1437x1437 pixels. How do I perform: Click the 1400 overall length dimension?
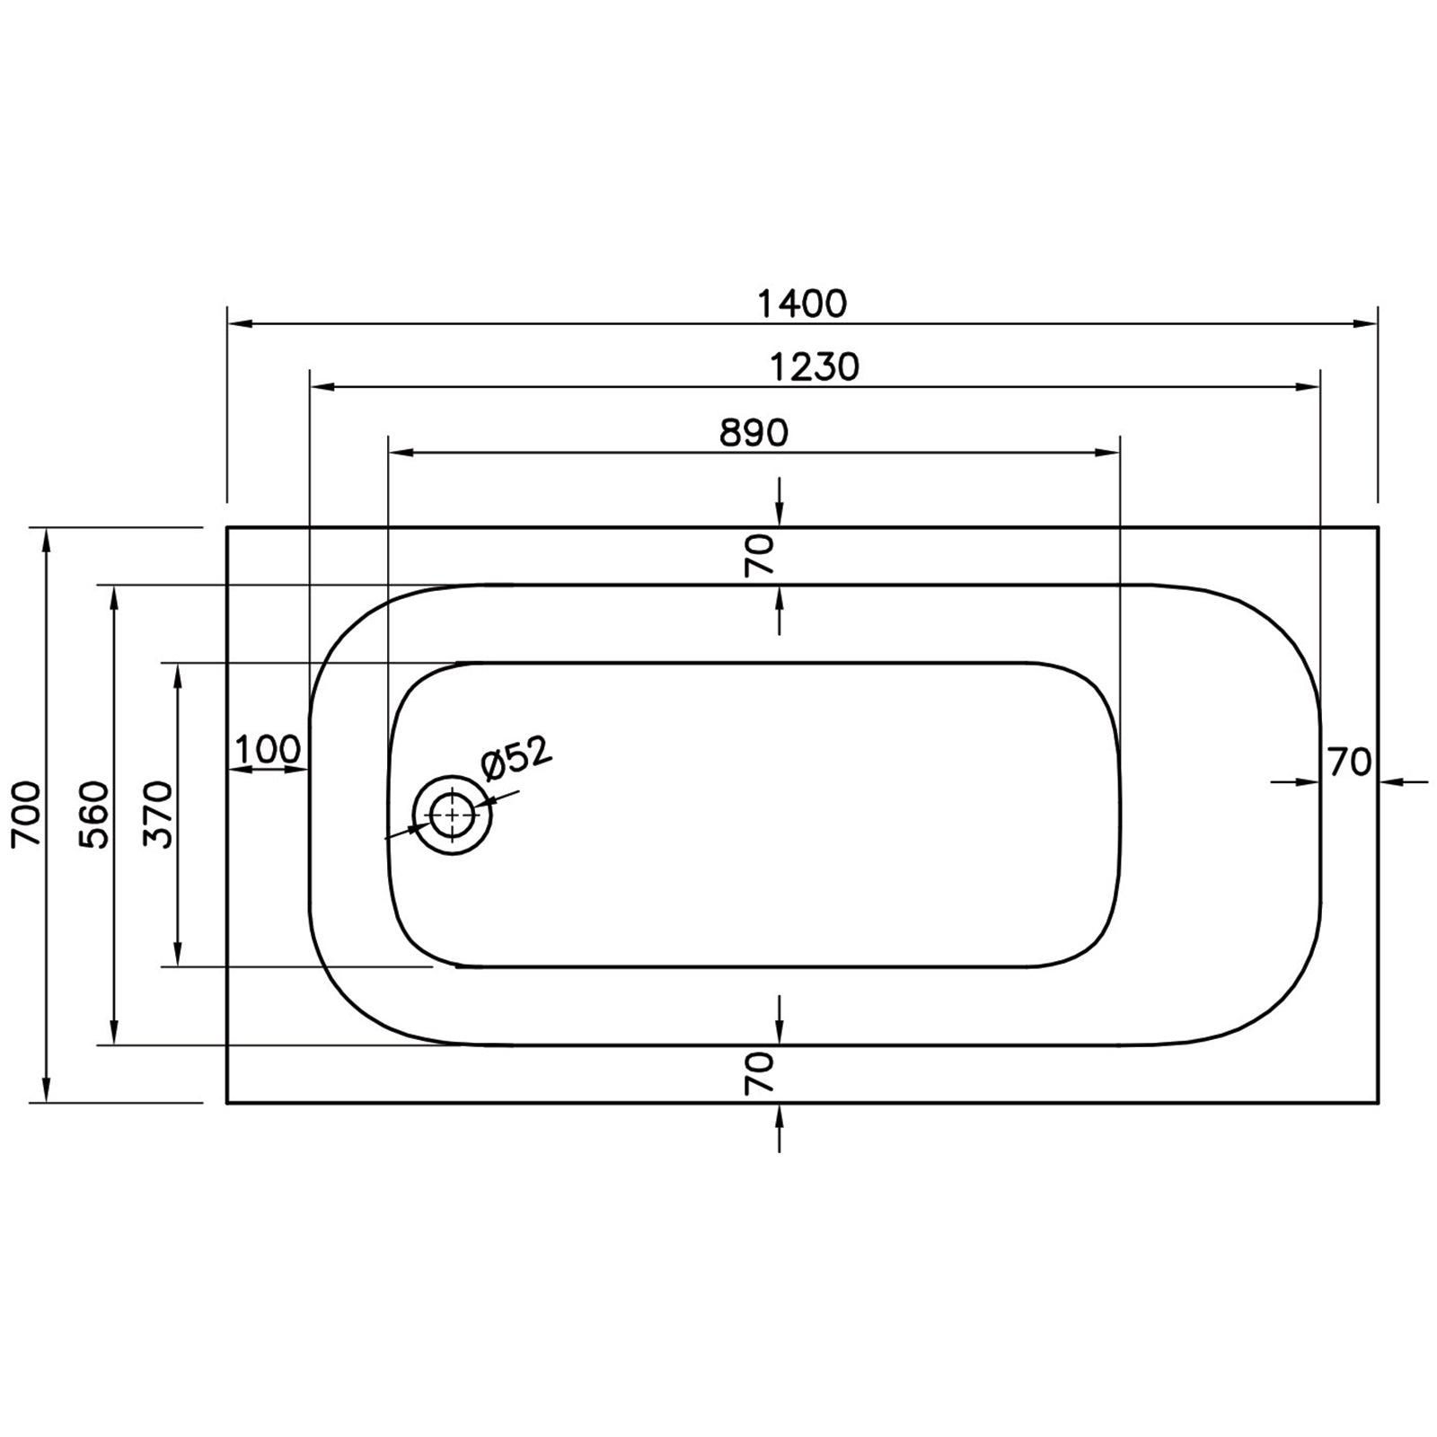click(802, 304)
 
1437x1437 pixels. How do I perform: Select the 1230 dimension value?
click(815, 366)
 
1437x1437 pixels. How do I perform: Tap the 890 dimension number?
click(754, 434)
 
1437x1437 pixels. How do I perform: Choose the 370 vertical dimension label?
click(159, 814)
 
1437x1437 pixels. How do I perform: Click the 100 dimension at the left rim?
click(268, 748)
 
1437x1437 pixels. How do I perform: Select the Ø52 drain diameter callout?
click(516, 760)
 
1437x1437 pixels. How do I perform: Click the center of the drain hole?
click(452, 815)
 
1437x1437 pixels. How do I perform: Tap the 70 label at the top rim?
click(759, 555)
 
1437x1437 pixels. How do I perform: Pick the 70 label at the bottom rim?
click(759, 1074)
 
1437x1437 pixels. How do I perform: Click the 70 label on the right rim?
click(1350, 763)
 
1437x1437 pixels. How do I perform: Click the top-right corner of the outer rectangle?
click(1378, 528)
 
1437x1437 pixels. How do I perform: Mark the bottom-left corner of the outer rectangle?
click(227, 1102)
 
